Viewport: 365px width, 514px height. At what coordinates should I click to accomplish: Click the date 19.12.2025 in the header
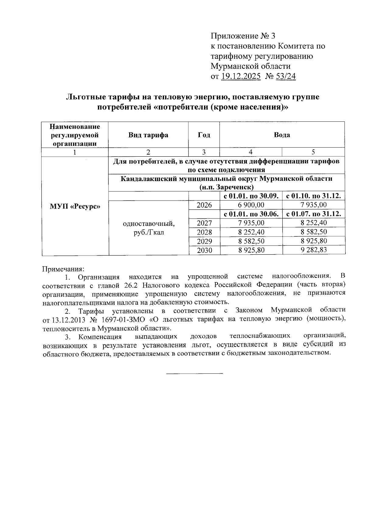(x=241, y=76)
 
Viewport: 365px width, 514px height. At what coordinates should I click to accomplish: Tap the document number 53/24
(x=285, y=76)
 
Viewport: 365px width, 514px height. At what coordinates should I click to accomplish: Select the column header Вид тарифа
(x=148, y=135)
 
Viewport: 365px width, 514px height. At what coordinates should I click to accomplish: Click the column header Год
(x=204, y=135)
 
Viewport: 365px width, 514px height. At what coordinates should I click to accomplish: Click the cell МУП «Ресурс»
(x=75, y=206)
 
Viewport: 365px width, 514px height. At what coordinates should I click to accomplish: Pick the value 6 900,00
(x=251, y=205)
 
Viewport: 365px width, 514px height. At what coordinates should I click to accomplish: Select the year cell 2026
(x=204, y=205)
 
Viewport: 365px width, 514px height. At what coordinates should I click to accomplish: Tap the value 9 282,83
(x=314, y=250)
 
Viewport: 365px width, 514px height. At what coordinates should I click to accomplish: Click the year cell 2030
(x=204, y=250)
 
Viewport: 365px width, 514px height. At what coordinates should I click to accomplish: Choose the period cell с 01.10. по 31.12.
(x=314, y=196)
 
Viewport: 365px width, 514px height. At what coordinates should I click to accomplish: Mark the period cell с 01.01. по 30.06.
(x=251, y=214)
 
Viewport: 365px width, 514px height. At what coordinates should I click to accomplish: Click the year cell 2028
(x=204, y=232)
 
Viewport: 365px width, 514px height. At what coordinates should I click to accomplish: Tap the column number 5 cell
(x=313, y=152)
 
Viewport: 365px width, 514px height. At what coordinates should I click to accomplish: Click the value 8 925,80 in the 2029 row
(x=314, y=241)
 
